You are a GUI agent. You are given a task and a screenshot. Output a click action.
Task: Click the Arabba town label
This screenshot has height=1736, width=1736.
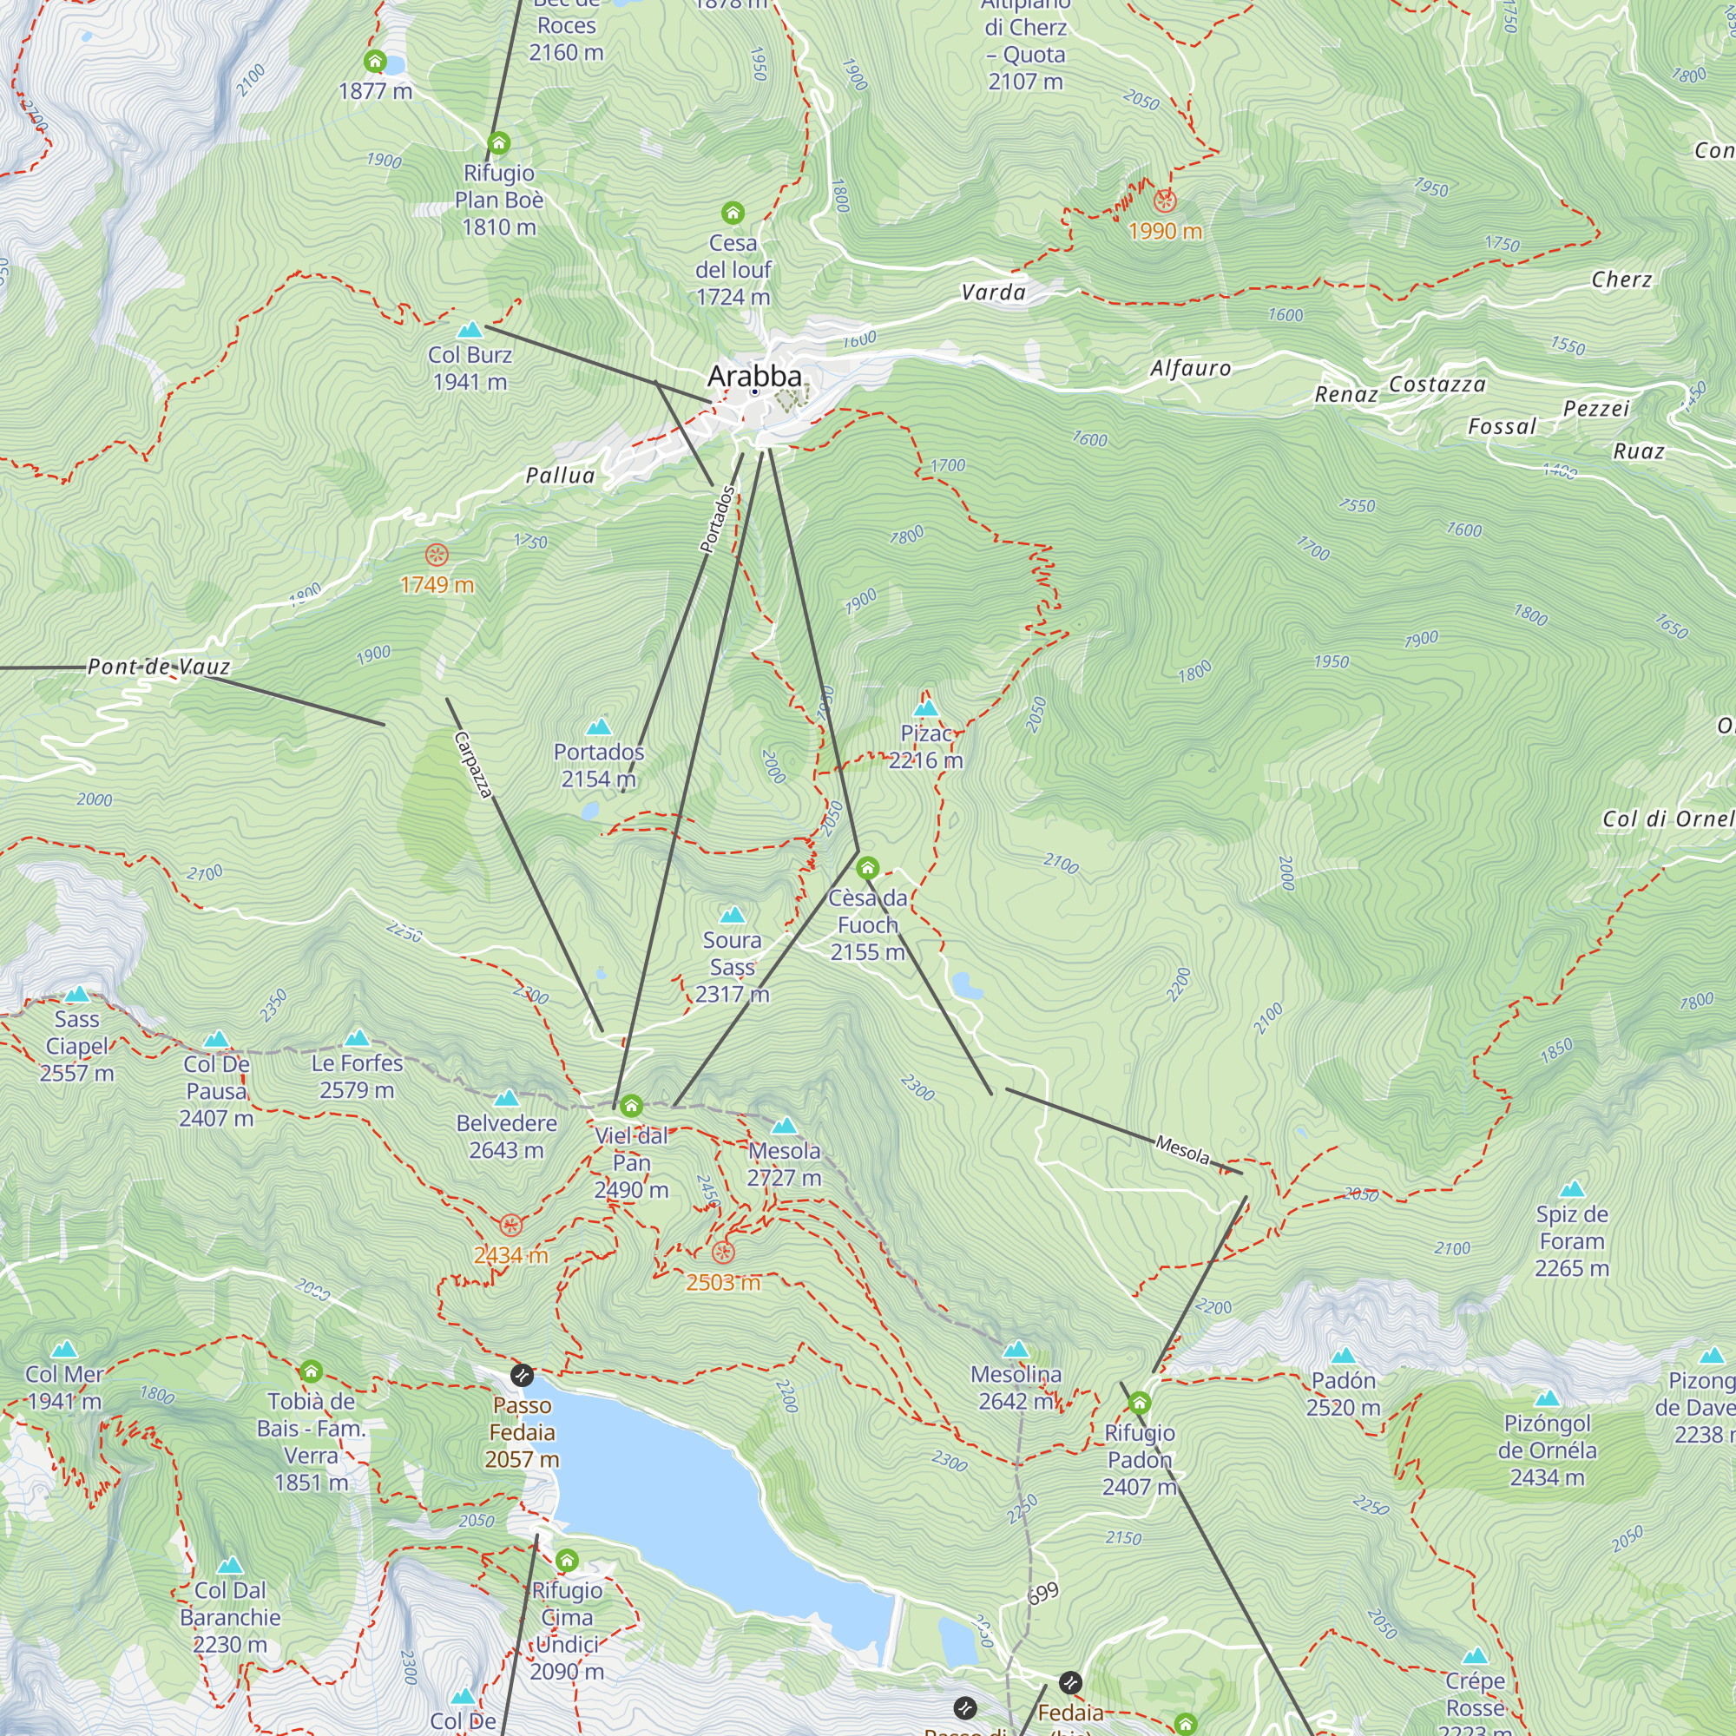[754, 376]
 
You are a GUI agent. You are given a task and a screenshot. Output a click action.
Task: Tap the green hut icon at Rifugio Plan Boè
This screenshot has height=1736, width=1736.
[499, 143]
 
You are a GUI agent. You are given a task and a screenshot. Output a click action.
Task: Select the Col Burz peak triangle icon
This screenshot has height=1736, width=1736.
[470, 329]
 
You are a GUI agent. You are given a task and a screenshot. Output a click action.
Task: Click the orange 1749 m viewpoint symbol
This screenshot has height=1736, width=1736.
[437, 555]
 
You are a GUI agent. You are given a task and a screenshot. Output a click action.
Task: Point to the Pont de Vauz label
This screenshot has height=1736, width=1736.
[159, 667]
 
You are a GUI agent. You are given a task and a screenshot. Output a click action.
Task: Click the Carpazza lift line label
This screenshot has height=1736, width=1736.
[474, 765]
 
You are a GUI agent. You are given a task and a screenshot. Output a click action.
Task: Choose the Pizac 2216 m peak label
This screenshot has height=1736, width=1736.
[925, 746]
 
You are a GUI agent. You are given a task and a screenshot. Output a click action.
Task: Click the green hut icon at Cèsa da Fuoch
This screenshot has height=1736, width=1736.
[867, 868]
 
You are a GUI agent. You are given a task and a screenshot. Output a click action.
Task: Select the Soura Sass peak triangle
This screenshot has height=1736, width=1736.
[733, 915]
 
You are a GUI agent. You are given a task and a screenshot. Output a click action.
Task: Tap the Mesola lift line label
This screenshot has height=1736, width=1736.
[1181, 1149]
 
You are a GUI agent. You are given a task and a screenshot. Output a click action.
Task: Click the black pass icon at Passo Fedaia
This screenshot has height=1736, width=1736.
[521, 1375]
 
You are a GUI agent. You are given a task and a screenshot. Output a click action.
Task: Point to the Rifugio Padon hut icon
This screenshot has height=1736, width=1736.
[1140, 1403]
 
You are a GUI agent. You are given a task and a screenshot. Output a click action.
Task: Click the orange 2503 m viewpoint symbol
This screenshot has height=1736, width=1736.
[723, 1253]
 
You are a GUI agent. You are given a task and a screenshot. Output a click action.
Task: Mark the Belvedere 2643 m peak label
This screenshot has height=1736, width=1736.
[507, 1137]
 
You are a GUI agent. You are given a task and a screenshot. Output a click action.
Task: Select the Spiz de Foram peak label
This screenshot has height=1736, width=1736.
[1572, 1241]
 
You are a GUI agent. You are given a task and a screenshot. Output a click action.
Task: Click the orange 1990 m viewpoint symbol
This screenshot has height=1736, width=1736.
[1166, 201]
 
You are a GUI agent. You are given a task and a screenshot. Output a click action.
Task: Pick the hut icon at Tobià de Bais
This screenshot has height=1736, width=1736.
[311, 1371]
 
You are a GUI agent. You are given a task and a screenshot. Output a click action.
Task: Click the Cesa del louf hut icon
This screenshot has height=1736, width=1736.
[733, 213]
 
